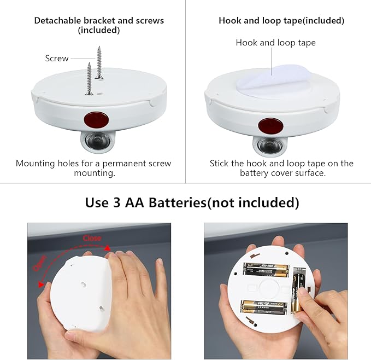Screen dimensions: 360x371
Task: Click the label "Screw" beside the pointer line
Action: [57, 59]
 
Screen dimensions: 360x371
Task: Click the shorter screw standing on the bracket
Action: [89, 79]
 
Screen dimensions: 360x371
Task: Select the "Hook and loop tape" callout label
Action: [275, 43]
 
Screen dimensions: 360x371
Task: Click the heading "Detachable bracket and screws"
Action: [99, 21]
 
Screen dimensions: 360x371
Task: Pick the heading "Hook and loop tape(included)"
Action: [281, 21]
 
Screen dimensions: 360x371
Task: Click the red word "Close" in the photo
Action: [92, 238]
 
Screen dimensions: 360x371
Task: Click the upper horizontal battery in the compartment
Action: [266, 269]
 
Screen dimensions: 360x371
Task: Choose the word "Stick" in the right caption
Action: [221, 164]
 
